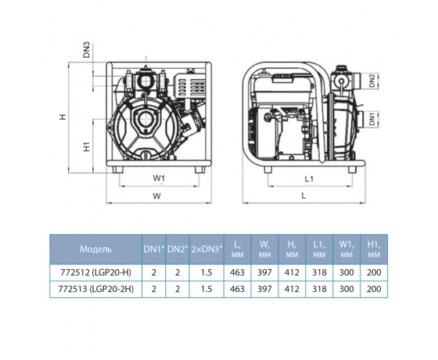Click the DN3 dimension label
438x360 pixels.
coord(87,50)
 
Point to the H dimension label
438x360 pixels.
coord(63,117)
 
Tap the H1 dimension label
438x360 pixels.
coord(88,146)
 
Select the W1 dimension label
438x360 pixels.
coord(159,178)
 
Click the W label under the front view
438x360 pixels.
coord(156,196)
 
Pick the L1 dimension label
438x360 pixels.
coord(309,179)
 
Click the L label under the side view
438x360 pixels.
coord(304,196)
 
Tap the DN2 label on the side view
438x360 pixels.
coord(372,81)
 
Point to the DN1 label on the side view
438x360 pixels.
coord(372,118)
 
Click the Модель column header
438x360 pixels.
coord(95,249)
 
